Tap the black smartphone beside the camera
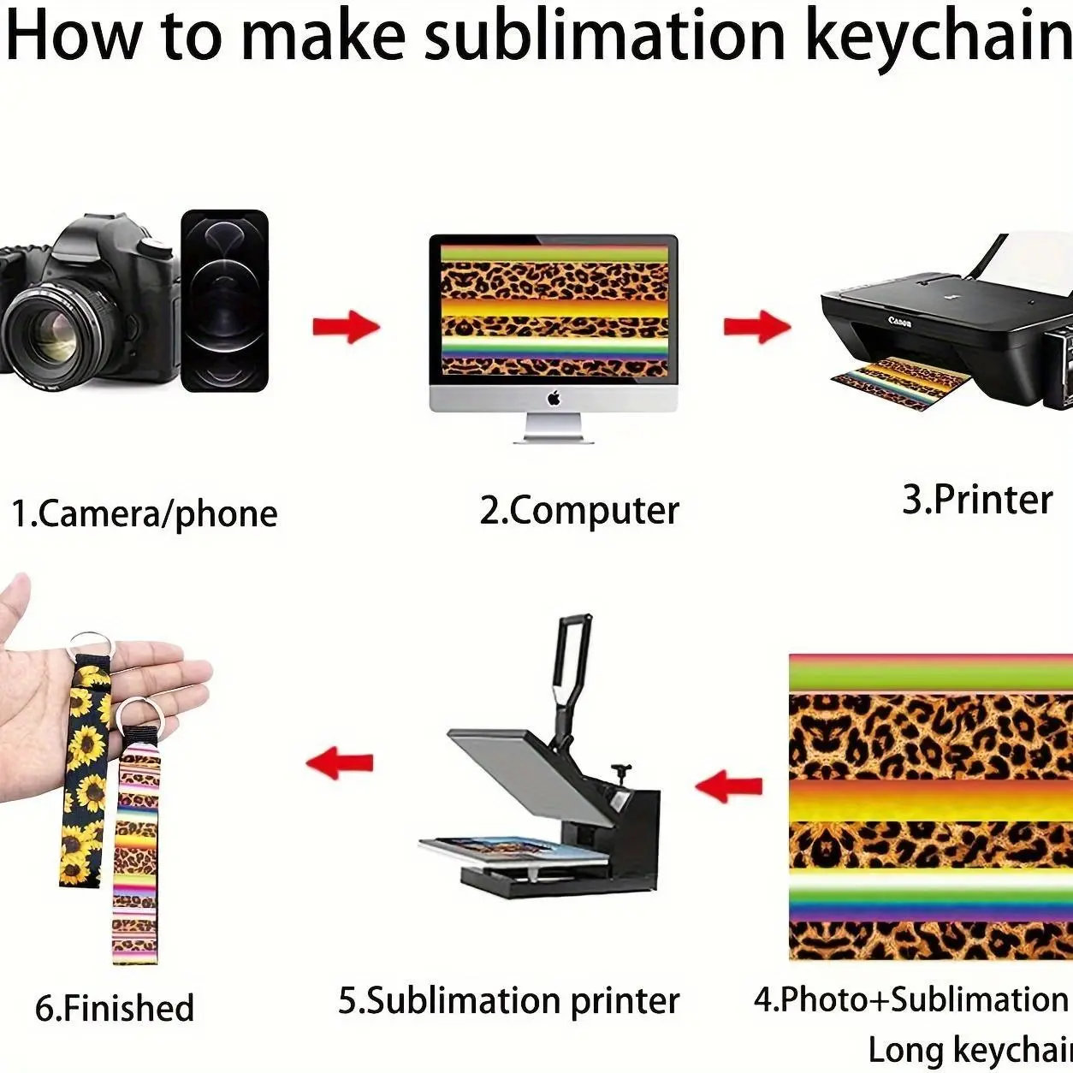point(225,300)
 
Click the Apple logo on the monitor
point(554,398)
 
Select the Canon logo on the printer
point(900,321)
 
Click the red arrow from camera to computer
point(347,327)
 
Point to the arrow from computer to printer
point(757,327)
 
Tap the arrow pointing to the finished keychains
point(340,763)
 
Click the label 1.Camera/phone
point(145,513)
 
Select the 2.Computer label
point(579,510)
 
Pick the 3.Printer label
point(977,499)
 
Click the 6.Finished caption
point(114,1008)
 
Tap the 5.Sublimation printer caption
point(509,1000)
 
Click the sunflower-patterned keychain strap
point(85,768)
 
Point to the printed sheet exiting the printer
point(901,382)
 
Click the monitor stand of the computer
point(554,428)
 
